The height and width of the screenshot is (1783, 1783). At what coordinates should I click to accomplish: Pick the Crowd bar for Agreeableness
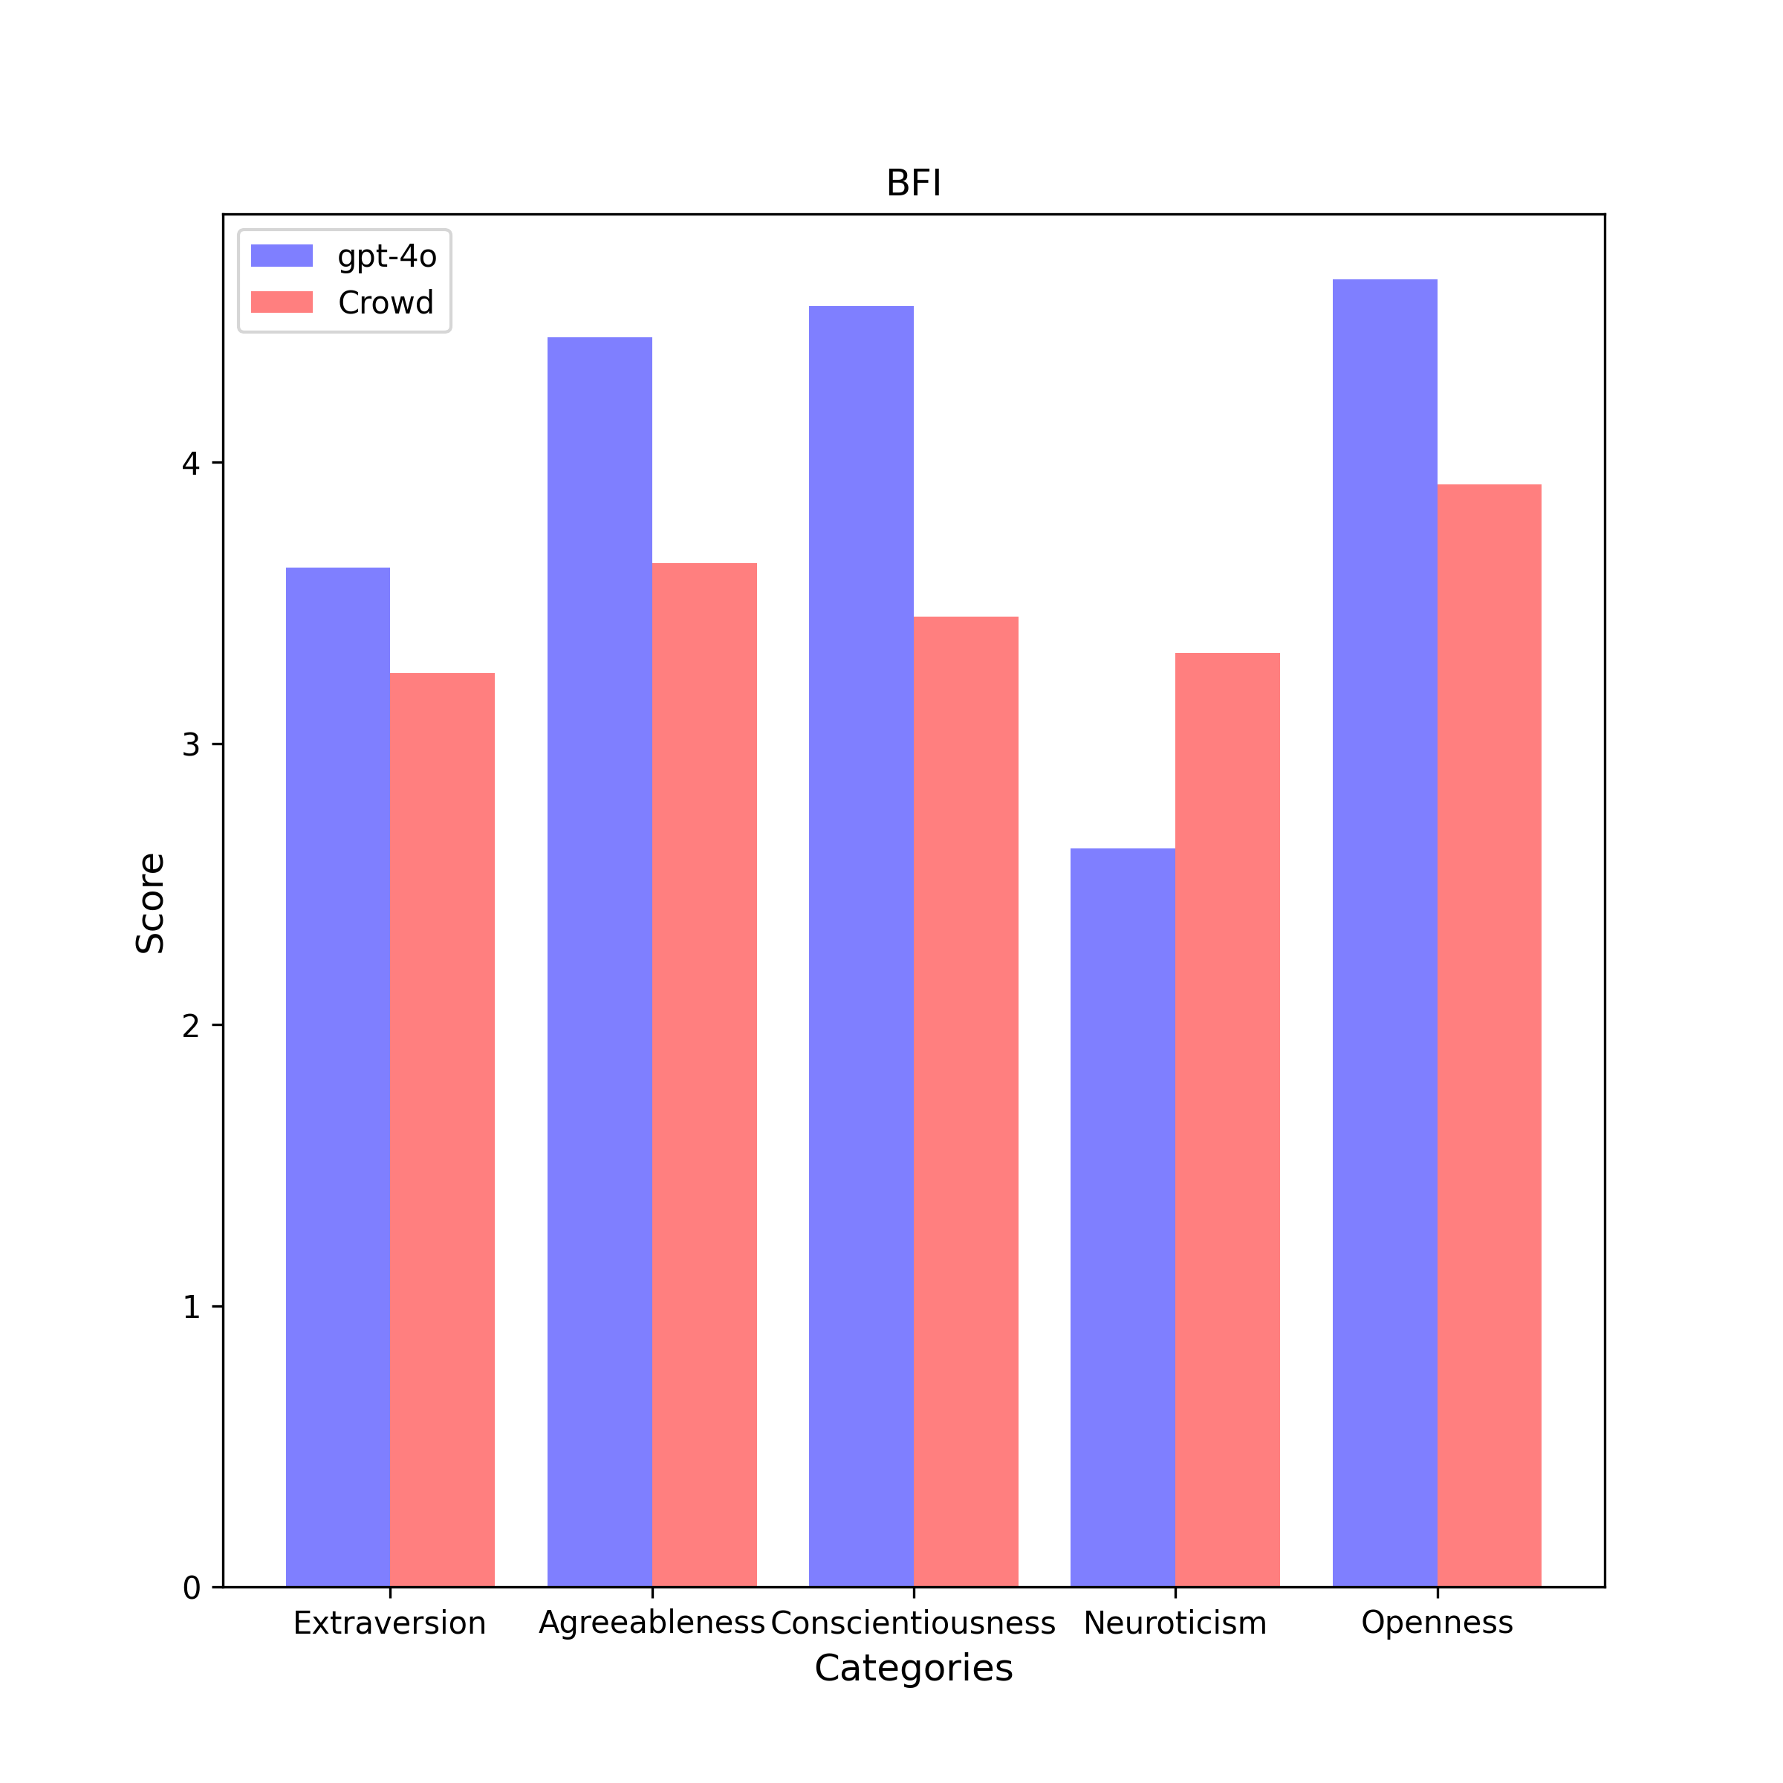(x=704, y=1075)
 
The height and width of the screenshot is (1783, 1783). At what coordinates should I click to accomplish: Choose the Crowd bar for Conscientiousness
(x=965, y=1102)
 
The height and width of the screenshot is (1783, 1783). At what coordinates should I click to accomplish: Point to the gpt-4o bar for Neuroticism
(x=1123, y=1218)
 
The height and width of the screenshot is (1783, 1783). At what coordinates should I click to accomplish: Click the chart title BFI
(x=914, y=184)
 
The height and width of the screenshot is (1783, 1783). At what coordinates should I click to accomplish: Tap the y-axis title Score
(x=150, y=903)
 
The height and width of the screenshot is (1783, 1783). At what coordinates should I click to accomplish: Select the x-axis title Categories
(x=914, y=1669)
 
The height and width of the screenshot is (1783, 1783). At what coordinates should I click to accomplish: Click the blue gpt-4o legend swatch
(x=282, y=256)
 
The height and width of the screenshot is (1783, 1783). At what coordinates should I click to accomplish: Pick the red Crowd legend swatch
(x=282, y=302)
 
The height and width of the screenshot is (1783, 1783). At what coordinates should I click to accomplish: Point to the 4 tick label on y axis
(x=191, y=464)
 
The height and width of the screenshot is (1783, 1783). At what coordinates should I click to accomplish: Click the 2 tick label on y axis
(x=191, y=1025)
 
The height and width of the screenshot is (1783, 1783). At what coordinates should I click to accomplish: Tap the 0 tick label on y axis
(x=191, y=1588)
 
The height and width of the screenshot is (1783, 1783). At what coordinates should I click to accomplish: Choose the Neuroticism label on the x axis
(x=1175, y=1623)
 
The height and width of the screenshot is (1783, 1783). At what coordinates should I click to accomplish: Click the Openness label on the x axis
(x=1437, y=1622)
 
